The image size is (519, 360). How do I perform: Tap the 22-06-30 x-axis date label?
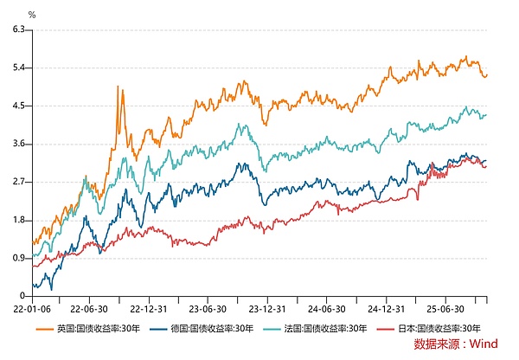(x=87, y=307)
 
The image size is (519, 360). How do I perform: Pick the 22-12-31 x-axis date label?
(x=147, y=307)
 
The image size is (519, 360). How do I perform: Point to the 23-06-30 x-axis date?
(x=208, y=307)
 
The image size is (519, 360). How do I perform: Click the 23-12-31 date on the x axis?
(x=267, y=307)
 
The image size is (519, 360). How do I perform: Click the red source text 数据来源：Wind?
(x=456, y=344)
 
